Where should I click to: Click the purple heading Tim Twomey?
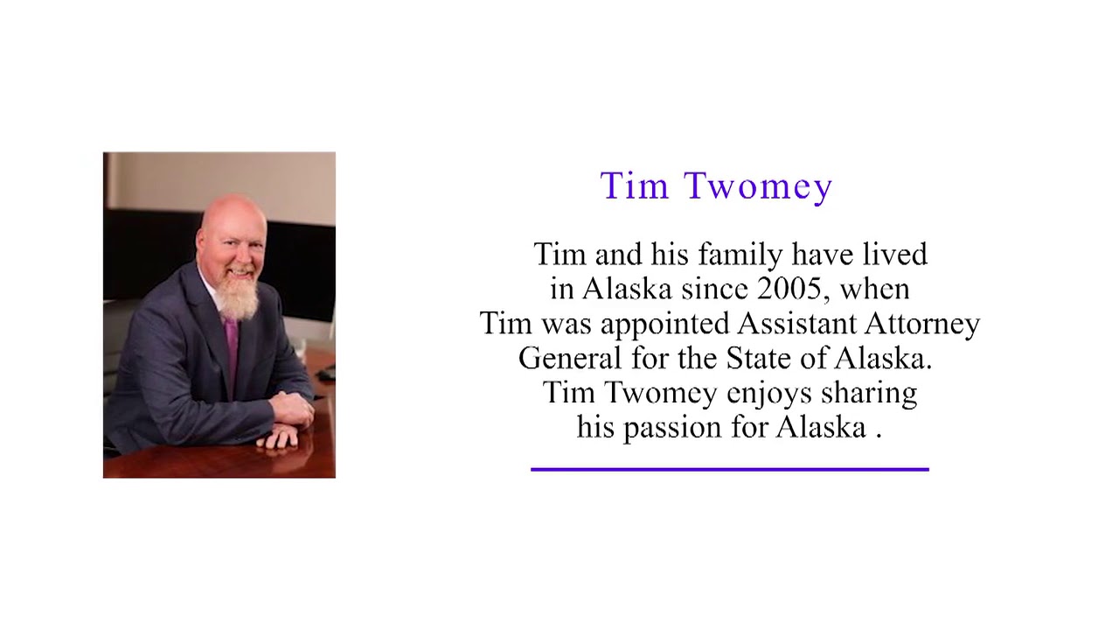[x=716, y=186]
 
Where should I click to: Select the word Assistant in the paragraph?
[x=796, y=324]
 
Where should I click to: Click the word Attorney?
[x=922, y=324]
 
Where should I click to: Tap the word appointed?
[x=664, y=325]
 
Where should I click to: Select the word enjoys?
[x=768, y=394]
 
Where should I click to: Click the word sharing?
[x=868, y=394]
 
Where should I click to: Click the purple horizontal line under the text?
[x=729, y=470]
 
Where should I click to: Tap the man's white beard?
[x=236, y=295]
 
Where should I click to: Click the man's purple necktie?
[x=231, y=346]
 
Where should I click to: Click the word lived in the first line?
[x=894, y=255]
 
